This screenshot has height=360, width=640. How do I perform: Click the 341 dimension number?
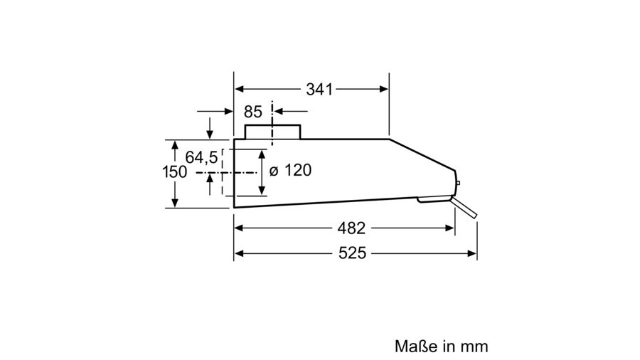pyautogui.click(x=319, y=90)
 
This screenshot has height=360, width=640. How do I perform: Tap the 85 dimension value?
pyautogui.click(x=252, y=112)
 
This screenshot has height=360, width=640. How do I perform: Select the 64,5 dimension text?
pyautogui.click(x=201, y=157)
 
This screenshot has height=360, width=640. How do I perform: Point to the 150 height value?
pyautogui.click(x=175, y=172)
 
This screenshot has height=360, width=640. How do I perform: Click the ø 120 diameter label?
pyautogui.click(x=290, y=170)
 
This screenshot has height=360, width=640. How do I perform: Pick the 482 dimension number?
pyautogui.click(x=351, y=228)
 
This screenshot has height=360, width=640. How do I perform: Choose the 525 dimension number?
pyautogui.click(x=352, y=253)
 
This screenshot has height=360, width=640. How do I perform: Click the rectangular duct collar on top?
pyautogui.click(x=272, y=132)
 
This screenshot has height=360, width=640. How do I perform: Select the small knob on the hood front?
pyautogui.click(x=459, y=184)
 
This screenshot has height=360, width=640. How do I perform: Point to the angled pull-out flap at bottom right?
pyautogui.click(x=463, y=207)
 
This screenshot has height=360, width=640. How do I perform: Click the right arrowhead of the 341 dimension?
pyautogui.click(x=384, y=89)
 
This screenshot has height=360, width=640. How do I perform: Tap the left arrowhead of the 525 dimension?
pyautogui.click(x=239, y=253)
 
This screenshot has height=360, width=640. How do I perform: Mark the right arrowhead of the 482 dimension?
pyautogui.click(x=449, y=228)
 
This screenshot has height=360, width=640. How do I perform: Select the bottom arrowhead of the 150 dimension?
pyautogui.click(x=175, y=203)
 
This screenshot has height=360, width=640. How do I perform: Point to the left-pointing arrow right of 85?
pyautogui.click(x=291, y=111)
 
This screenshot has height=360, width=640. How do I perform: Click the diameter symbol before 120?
pyautogui.click(x=274, y=171)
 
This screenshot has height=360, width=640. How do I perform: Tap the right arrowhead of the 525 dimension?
pyautogui.click(x=472, y=253)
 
